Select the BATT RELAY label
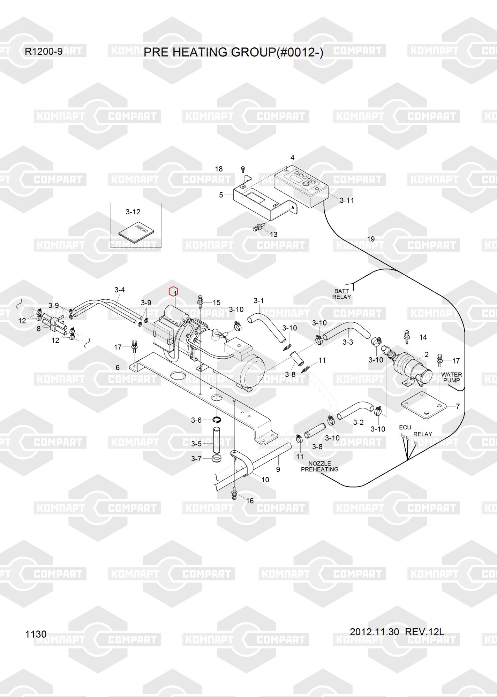[x=341, y=294]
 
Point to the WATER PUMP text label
[x=451, y=377]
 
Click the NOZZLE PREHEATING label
[x=319, y=466]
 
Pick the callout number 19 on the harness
[x=371, y=239]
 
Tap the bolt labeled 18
[x=243, y=169]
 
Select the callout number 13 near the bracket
[x=273, y=235]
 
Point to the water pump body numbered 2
[x=412, y=364]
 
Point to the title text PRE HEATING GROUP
[x=233, y=52]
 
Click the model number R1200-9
[x=44, y=52]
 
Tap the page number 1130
[x=36, y=634]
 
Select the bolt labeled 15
[x=201, y=301]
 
